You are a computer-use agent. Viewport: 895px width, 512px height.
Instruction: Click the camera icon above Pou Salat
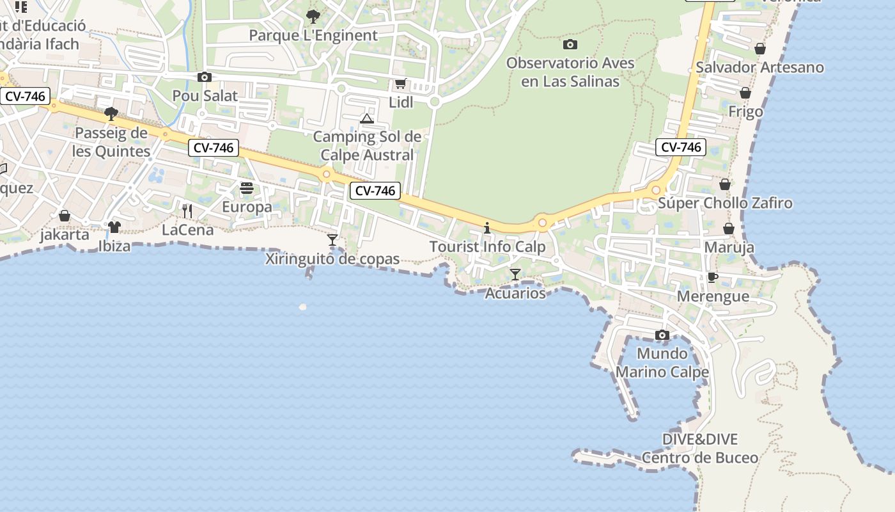[205, 77]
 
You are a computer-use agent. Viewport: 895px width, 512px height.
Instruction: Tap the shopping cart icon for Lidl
[401, 83]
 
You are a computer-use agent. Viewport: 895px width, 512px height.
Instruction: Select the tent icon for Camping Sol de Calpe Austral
[366, 118]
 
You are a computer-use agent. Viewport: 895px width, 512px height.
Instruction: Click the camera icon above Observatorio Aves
[570, 44]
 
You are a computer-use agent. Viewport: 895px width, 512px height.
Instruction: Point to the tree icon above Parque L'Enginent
[313, 16]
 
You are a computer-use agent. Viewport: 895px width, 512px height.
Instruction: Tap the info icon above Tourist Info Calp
[487, 228]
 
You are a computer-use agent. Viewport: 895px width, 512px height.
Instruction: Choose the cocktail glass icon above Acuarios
[515, 275]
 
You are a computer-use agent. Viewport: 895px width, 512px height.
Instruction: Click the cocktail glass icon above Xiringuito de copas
[332, 240]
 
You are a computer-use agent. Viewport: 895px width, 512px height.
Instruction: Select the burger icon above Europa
[247, 188]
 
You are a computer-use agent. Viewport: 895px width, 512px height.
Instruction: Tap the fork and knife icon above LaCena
[187, 211]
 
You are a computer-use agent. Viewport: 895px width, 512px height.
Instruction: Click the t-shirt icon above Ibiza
[114, 227]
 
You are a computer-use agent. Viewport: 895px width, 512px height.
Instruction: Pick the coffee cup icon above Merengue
[713, 277]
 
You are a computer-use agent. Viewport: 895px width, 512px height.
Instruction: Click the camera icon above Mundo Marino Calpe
[662, 335]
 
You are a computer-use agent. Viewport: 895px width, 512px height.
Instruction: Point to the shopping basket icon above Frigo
[745, 93]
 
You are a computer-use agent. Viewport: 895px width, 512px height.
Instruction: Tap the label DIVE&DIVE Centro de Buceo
[700, 449]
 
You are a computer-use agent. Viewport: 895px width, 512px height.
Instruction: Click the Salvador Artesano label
[759, 67]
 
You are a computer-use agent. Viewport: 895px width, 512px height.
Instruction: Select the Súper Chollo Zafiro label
[726, 204]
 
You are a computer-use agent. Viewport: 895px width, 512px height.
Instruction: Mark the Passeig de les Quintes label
[111, 143]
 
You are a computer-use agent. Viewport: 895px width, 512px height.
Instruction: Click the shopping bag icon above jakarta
[65, 216]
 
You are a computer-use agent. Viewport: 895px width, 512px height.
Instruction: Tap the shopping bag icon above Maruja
[729, 228]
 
